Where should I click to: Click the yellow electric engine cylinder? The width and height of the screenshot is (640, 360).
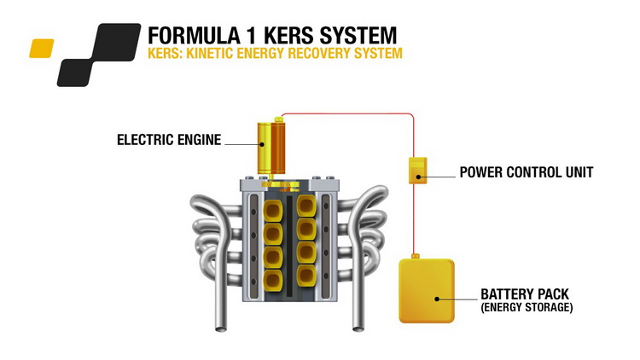click(275, 147)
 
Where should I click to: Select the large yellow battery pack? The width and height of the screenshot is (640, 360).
click(427, 291)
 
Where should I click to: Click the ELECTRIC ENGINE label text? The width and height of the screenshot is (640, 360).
click(168, 140)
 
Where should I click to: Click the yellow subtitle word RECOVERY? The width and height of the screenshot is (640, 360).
click(305, 54)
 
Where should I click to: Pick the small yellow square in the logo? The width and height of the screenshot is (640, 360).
click(41, 49)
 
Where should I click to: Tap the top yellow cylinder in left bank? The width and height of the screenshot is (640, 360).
click(274, 210)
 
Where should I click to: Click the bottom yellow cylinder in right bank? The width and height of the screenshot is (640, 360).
click(306, 281)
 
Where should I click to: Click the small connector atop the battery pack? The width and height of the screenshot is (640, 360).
click(415, 254)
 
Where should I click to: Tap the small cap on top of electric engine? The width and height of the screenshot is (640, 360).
click(276, 119)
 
